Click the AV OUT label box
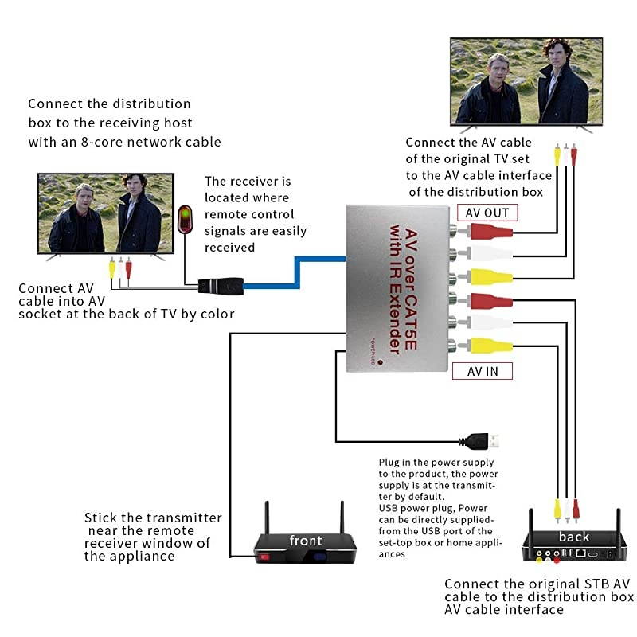[487, 213]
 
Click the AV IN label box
[482, 370]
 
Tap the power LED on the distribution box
[381, 362]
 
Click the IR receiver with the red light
[185, 218]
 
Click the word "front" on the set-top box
[306, 541]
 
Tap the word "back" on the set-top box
[573, 537]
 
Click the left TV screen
[105, 213]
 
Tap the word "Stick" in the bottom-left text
[101, 518]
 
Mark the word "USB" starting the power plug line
[389, 508]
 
